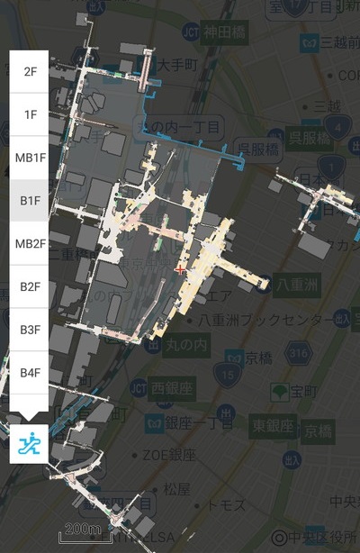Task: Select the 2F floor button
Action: tap(30, 71)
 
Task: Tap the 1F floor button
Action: tap(30, 114)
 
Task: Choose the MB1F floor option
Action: tap(30, 158)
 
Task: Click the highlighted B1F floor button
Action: tap(30, 201)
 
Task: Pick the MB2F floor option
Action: tap(30, 244)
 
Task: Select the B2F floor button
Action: tap(30, 286)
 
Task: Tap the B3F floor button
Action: tap(30, 330)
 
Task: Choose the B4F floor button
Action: tap(30, 372)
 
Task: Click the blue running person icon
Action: tap(30, 442)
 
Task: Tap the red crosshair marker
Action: tap(181, 268)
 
